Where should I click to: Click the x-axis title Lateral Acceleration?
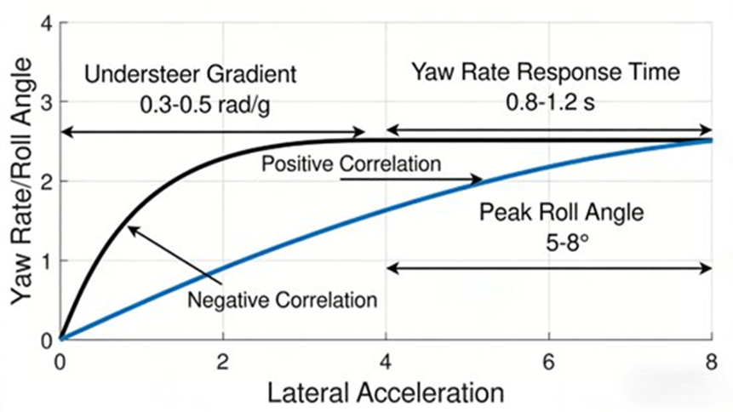coord(385,394)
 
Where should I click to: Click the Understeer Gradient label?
coord(191,74)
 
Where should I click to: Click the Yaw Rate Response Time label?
coord(547,72)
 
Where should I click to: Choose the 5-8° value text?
coord(552,240)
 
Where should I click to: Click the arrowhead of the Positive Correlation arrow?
coord(479,180)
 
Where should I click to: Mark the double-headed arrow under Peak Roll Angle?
coord(548,268)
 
